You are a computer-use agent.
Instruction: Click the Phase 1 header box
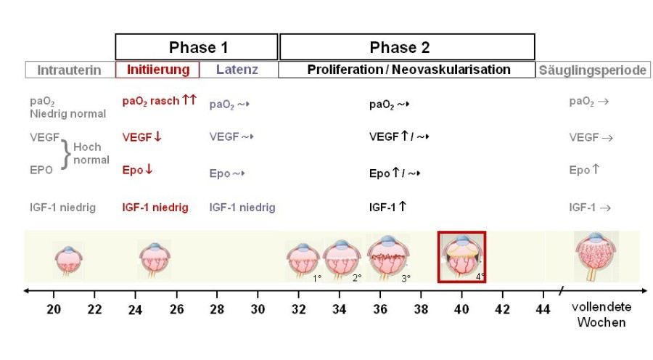click(x=197, y=47)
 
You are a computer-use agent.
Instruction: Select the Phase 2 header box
click(x=407, y=47)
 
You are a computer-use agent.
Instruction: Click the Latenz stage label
click(x=237, y=70)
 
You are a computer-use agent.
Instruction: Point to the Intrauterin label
click(x=69, y=70)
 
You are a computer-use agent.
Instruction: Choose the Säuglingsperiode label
click(x=593, y=70)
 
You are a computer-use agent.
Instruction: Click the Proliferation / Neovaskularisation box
click(x=408, y=70)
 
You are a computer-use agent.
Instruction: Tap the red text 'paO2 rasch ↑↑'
click(x=159, y=101)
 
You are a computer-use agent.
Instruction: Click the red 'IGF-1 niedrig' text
click(x=155, y=208)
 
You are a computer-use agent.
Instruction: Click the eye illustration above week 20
click(x=69, y=259)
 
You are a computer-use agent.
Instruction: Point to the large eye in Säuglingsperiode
click(x=596, y=255)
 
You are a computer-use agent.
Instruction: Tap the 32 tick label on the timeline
click(x=299, y=308)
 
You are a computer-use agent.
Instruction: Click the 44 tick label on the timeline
click(x=543, y=308)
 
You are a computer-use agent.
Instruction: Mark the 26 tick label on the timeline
click(x=176, y=308)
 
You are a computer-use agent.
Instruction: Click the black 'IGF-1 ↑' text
click(x=387, y=208)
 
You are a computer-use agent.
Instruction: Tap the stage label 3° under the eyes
click(x=406, y=277)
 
